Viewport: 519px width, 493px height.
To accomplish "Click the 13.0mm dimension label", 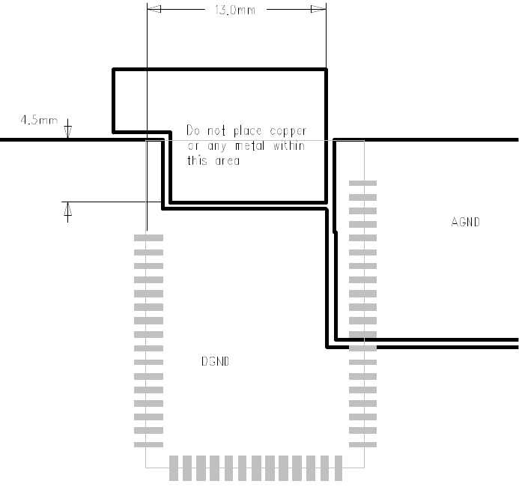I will tap(228, 10).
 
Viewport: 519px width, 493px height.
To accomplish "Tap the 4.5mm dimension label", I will tap(39, 119).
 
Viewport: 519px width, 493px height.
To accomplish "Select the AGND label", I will tap(465, 222).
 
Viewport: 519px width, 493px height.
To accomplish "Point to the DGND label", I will tap(215, 361).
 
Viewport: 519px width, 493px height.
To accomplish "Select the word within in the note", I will tap(288, 145).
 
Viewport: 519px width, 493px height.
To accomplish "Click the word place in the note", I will tap(243, 130).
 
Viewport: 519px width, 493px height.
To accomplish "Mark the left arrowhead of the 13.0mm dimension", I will tap(153, 10).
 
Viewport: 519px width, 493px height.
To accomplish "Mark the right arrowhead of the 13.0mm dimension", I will tap(319, 10).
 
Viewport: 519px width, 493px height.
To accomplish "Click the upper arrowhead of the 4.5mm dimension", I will tap(68, 130).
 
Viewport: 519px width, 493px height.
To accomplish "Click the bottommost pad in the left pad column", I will tap(148, 444).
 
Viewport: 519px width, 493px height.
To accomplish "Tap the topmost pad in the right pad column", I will tap(363, 183).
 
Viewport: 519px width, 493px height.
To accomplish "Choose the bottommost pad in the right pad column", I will tap(363, 444).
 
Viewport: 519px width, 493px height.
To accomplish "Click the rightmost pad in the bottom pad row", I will tap(337, 468).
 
